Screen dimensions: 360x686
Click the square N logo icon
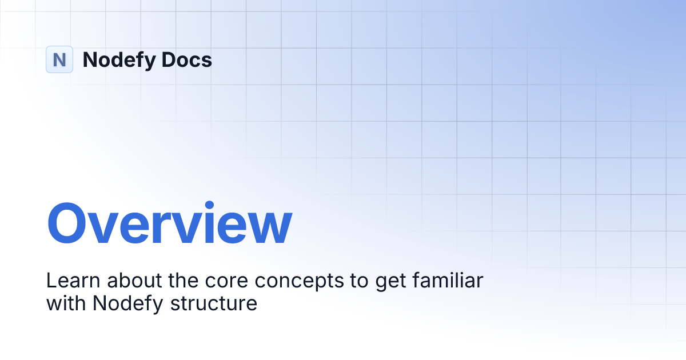(59, 59)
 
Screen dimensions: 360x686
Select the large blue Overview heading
(169, 223)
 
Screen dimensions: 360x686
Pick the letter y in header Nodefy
(149, 62)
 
